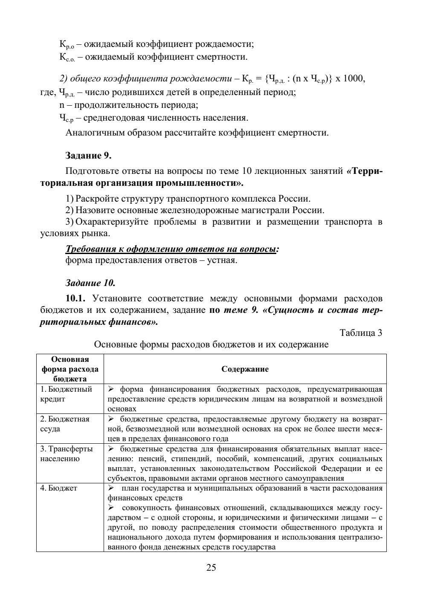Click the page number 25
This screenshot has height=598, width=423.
[211, 567]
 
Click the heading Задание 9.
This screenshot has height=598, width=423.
[88, 156]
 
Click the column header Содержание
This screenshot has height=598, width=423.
[245, 369]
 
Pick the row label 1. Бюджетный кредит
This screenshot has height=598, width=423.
[66, 394]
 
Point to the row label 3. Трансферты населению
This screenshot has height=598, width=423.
[67, 454]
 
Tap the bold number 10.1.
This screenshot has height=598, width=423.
[76, 298]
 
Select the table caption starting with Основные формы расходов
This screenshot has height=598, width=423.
[211, 344]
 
